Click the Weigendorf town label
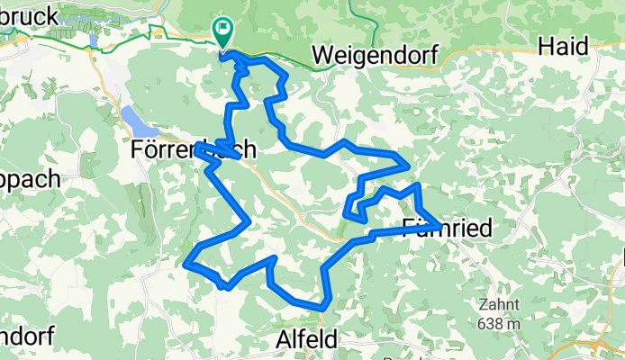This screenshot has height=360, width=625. click(375, 55)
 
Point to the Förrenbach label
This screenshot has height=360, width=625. click(194, 149)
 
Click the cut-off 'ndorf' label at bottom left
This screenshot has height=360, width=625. click(25, 336)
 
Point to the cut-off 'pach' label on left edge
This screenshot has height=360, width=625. click(29, 177)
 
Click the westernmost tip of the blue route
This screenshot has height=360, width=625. click(186, 265)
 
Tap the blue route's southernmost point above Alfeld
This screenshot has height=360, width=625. click(321, 310)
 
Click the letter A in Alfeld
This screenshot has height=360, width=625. click(278, 340)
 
